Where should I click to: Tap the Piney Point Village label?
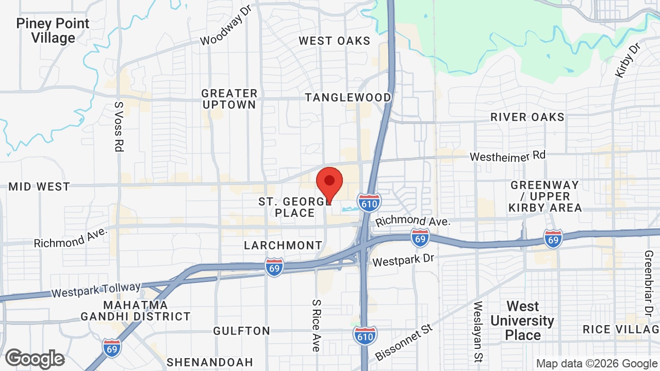tap(53, 30)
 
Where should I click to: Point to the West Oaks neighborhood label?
tap(334, 41)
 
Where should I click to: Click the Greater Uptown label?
tap(229, 99)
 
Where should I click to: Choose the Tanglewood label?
tap(348, 97)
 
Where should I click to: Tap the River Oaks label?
tap(527, 117)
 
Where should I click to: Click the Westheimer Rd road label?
tap(507, 156)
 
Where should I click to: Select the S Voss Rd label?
tap(119, 126)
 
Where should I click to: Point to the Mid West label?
tap(39, 187)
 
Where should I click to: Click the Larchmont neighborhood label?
tap(283, 245)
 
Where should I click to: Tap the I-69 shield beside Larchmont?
tap(274, 267)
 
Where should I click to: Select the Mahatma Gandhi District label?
tap(136, 311)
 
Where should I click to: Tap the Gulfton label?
tap(241, 331)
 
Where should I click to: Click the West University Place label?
tap(522, 321)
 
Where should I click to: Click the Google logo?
tap(35, 359)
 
